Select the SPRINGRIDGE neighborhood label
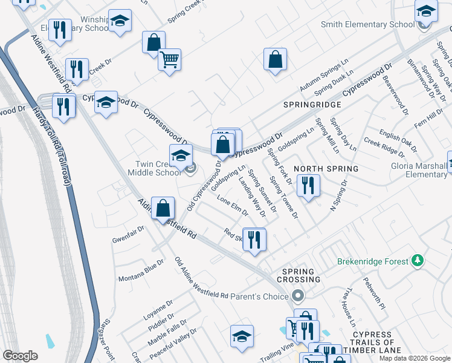(x=312, y=105)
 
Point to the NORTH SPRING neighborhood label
(x=326, y=168)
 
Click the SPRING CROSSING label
(x=299, y=276)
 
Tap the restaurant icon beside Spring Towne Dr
(x=308, y=186)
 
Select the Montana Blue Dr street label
(x=141, y=270)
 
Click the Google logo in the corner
(x=20, y=356)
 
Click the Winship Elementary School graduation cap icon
(x=120, y=22)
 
